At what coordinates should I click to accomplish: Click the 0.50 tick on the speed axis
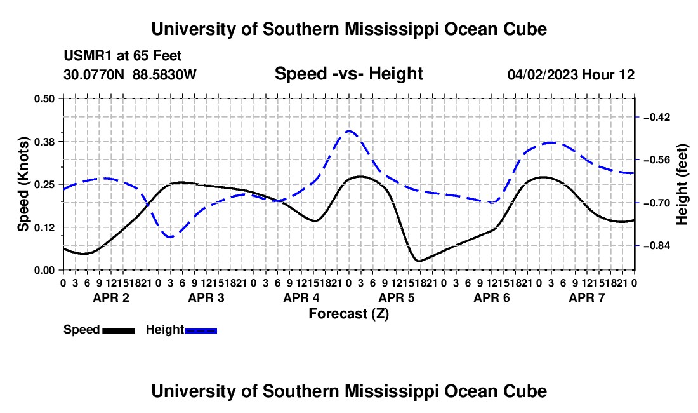[44, 98]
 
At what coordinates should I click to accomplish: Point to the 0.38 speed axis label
[44, 142]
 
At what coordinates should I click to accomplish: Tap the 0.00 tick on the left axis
[44, 271]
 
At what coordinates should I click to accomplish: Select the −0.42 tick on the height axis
[657, 117]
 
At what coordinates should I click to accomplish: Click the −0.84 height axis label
[657, 246]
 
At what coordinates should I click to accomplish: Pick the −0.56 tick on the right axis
[657, 160]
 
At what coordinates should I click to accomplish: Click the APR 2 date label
[111, 297]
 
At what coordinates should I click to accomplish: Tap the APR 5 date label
[397, 297]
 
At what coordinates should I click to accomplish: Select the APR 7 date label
[587, 297]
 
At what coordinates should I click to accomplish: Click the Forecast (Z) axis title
[349, 314]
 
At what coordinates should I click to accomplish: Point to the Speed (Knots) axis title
[23, 184]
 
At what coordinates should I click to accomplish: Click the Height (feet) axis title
[682, 184]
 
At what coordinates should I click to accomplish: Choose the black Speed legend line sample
[119, 331]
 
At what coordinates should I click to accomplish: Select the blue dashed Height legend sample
[201, 331]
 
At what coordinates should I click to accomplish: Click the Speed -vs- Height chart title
[348, 74]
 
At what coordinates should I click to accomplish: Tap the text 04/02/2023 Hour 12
[571, 74]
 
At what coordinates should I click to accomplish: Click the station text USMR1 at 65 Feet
[122, 56]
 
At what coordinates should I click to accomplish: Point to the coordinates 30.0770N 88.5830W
[129, 74]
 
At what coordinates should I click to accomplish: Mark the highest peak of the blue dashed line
[348, 131]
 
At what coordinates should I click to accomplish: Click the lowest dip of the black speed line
[418, 261]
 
